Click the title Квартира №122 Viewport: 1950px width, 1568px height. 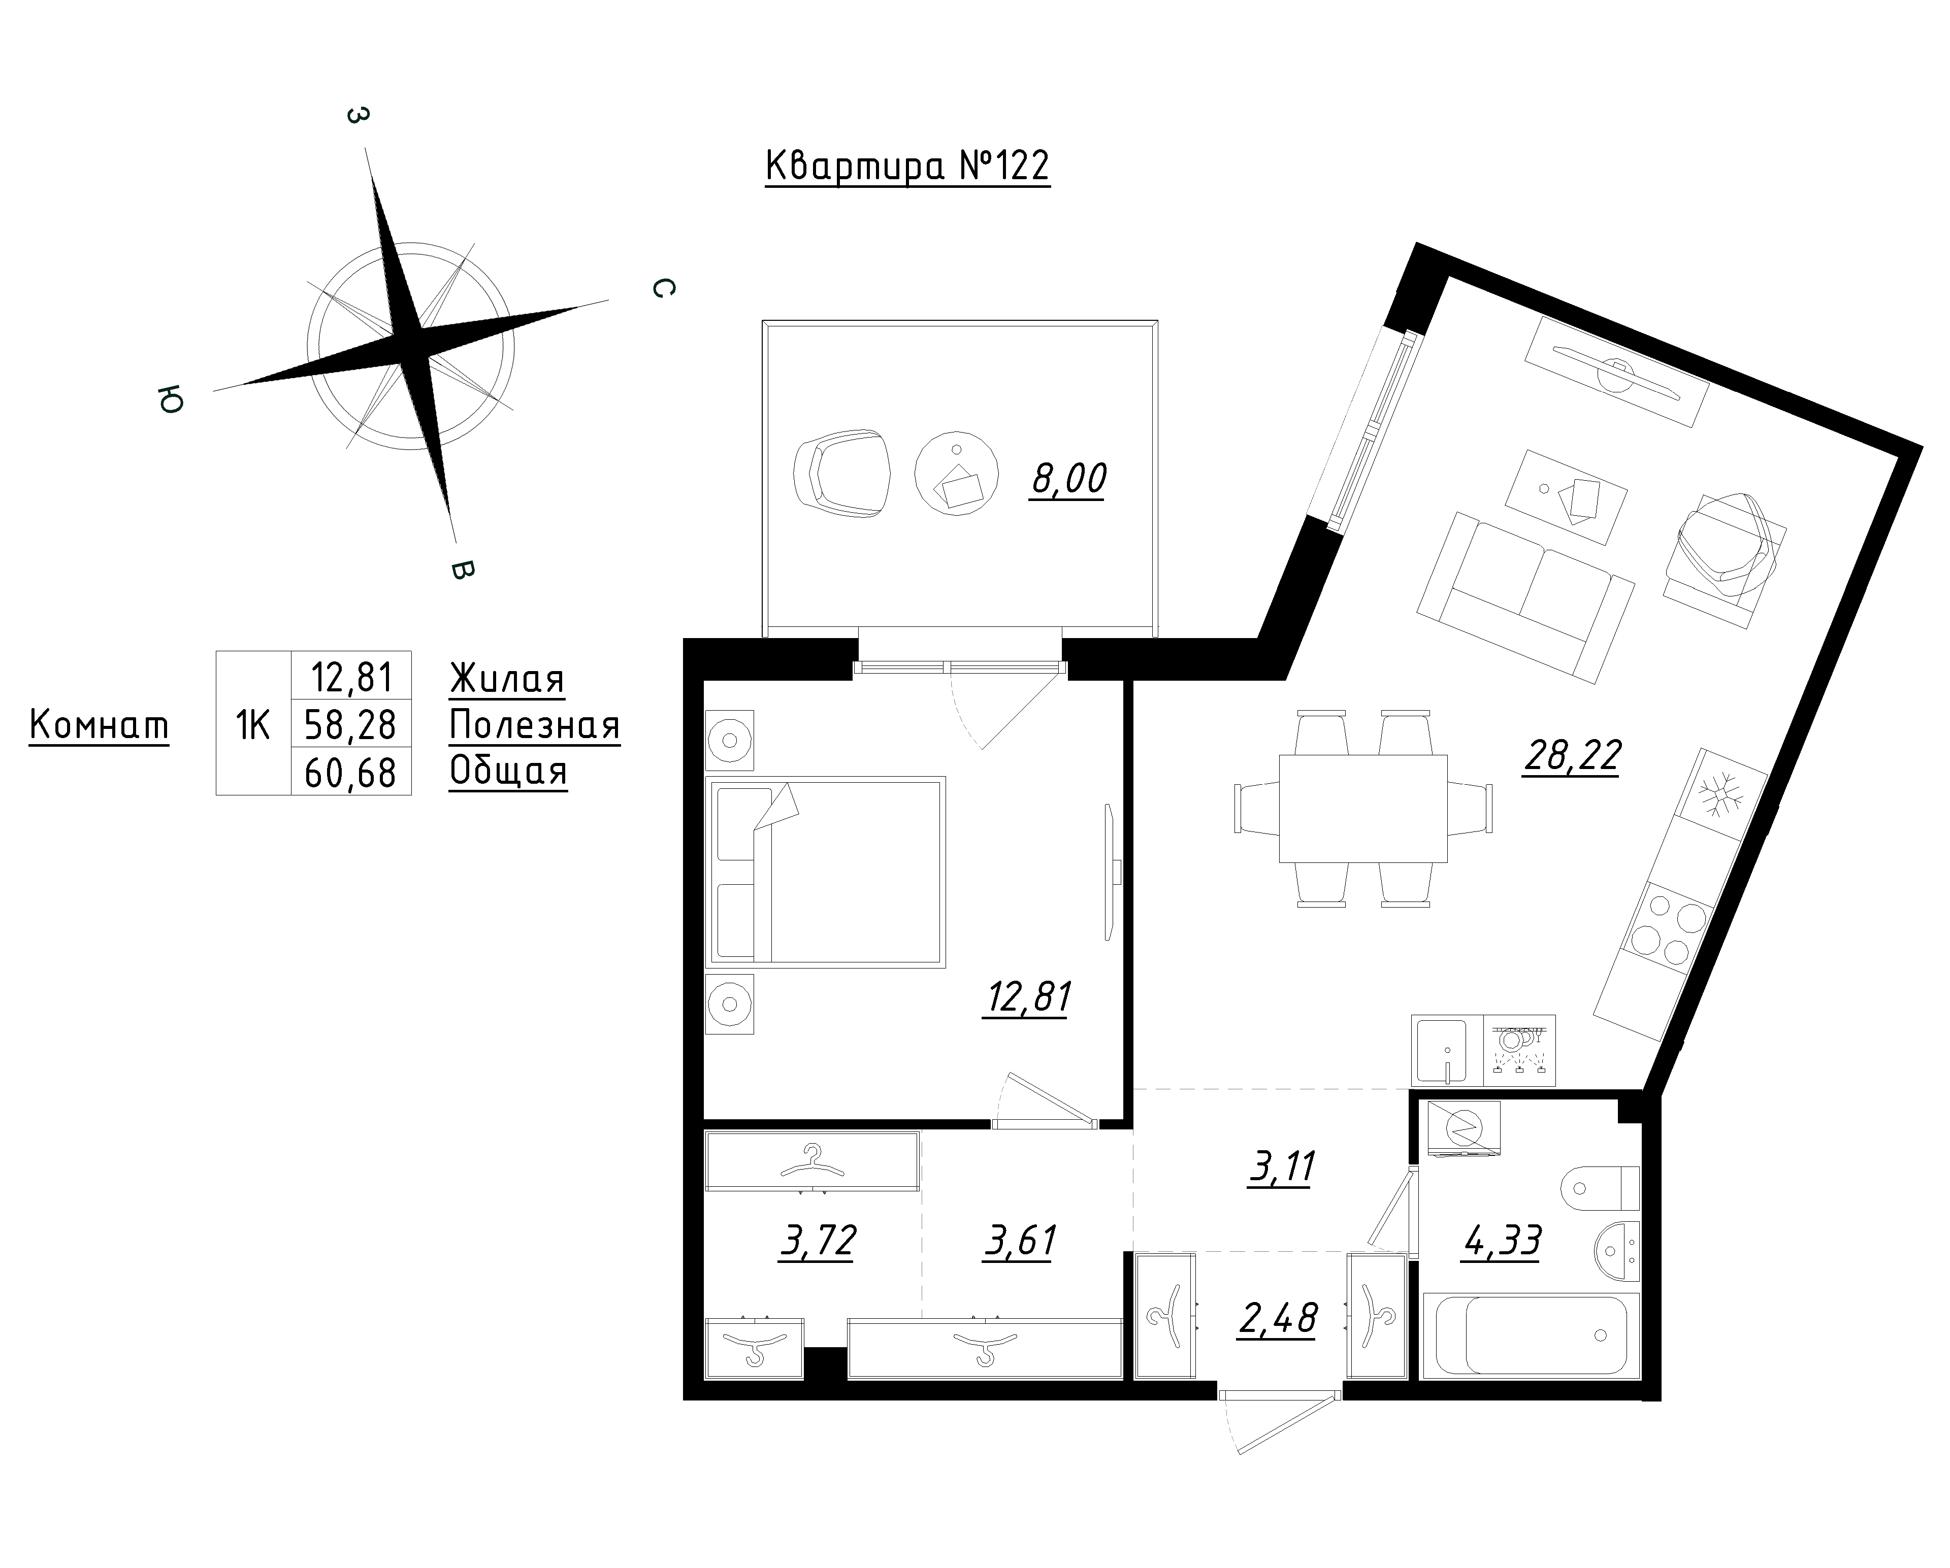coord(907,166)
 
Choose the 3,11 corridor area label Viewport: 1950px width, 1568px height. coord(1281,1167)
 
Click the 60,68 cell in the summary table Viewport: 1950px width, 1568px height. coord(351,772)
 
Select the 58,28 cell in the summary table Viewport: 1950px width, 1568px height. coord(351,724)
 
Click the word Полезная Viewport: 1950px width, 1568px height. coord(535,725)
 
